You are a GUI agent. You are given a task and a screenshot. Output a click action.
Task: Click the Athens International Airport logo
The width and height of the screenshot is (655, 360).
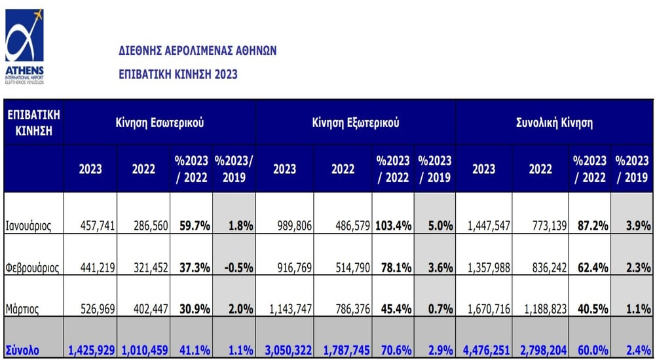[x=24, y=46]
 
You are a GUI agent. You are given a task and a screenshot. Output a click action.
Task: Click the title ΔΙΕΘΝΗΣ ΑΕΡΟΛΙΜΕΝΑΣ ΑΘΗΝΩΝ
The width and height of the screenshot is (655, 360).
[x=198, y=51]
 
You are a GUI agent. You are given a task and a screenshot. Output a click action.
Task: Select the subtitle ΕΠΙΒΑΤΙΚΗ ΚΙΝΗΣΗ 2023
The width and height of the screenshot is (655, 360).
[x=178, y=75]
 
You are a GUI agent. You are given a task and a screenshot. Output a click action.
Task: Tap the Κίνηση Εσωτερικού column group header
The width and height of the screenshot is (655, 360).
[x=160, y=123]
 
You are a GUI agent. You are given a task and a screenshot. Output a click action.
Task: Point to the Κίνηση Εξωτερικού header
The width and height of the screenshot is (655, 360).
[x=356, y=123]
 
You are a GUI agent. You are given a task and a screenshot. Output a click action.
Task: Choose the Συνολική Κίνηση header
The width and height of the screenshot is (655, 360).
[x=554, y=123]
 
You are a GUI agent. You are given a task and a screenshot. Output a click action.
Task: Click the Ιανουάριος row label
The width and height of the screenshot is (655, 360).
[x=28, y=226]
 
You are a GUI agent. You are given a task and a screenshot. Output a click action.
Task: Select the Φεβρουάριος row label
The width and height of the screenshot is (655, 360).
[x=32, y=268]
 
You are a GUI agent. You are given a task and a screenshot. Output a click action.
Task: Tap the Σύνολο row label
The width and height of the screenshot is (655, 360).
[x=22, y=350]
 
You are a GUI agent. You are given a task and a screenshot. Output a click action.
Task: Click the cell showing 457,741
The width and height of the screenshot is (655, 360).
[x=98, y=226]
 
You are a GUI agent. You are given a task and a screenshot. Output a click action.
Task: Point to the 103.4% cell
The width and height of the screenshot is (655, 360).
[x=394, y=226]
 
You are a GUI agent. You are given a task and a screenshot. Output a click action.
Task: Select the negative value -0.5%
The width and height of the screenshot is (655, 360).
[x=238, y=268]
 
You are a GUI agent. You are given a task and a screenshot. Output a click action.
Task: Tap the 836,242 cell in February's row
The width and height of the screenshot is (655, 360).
[x=549, y=268]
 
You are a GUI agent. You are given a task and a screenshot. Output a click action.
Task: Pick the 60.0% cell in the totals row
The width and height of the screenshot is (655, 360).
[x=593, y=350]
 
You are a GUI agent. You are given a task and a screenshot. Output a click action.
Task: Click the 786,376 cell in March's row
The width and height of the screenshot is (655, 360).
[x=352, y=309]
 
